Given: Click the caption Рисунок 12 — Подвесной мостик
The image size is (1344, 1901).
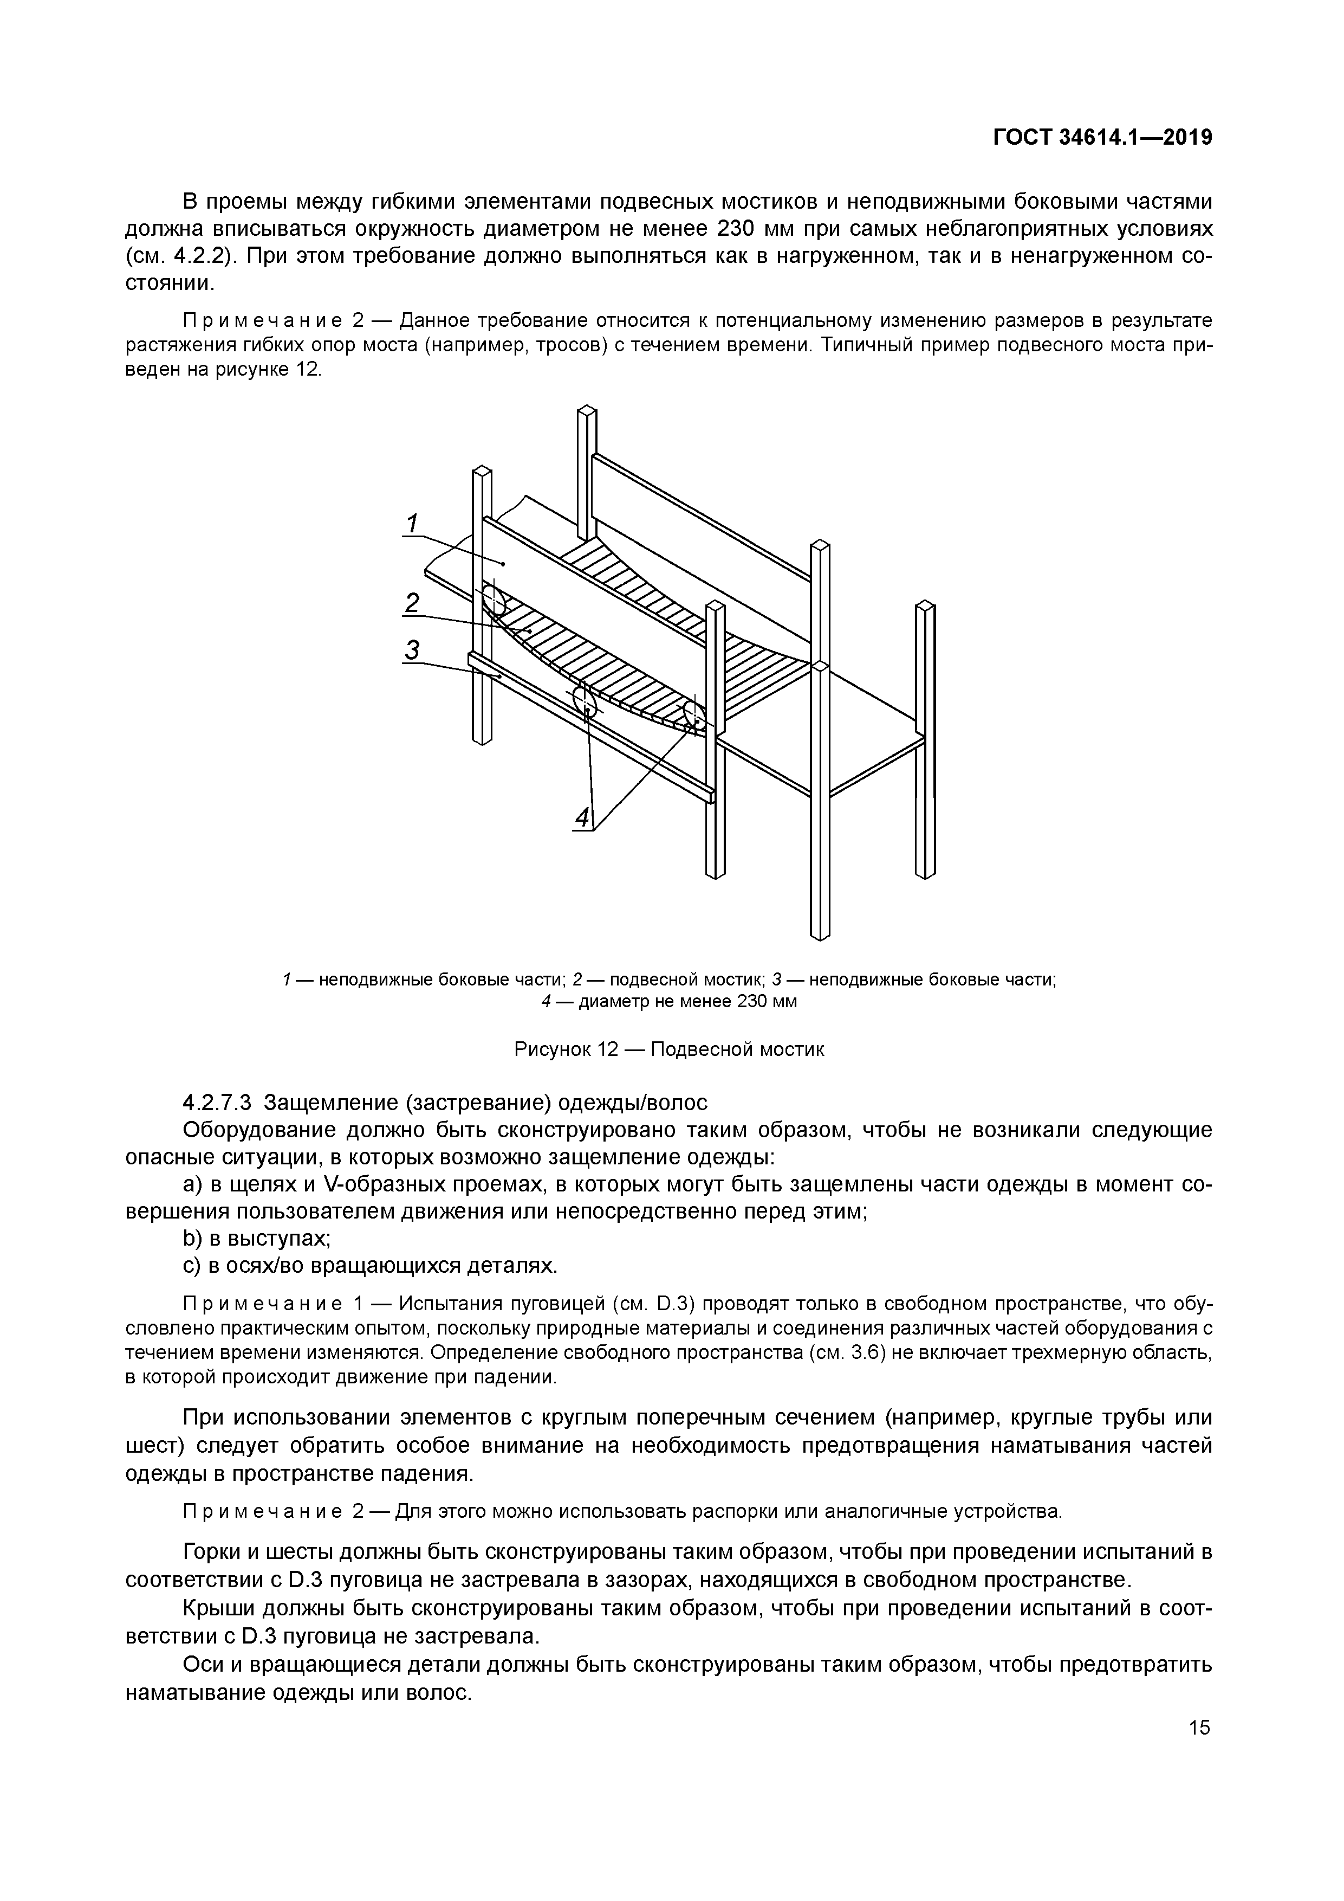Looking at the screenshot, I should tap(670, 1050).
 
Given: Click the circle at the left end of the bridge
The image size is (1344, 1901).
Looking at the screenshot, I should tap(494, 600).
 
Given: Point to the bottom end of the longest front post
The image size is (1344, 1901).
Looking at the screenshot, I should tap(819, 934).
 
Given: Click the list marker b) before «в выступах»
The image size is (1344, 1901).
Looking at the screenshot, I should tap(192, 1239).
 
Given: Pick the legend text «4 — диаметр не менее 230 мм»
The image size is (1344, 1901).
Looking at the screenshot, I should tap(670, 1002).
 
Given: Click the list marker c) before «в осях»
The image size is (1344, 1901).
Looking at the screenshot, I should tap(192, 1266).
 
